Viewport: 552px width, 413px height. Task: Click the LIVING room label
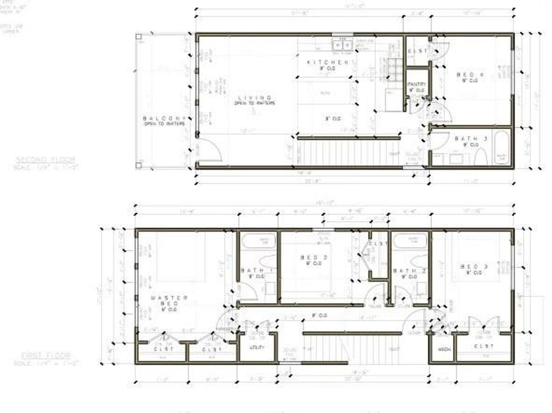254,98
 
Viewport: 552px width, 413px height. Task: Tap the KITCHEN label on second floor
328,63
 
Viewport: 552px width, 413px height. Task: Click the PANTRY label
417,84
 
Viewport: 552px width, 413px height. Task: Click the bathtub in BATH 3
501,148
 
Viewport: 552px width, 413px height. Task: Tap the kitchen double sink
342,44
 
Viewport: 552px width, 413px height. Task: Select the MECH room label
442,350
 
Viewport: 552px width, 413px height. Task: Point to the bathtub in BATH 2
410,241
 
